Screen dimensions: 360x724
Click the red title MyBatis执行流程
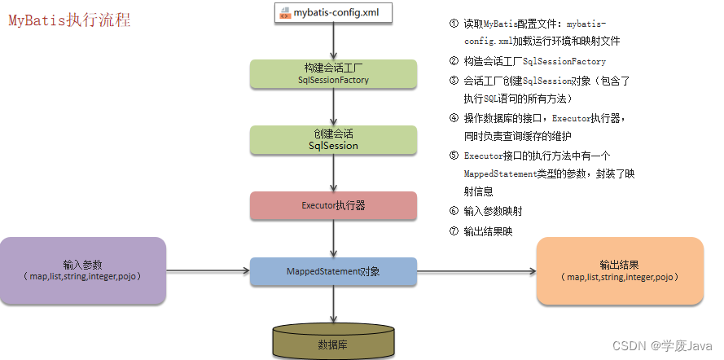point(69,21)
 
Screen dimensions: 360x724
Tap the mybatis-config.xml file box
point(332,12)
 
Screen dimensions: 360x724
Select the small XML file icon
point(285,13)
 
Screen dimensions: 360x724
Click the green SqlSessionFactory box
point(332,73)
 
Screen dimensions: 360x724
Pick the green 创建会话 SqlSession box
point(332,139)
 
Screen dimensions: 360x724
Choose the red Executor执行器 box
point(332,206)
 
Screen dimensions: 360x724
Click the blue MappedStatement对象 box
point(332,271)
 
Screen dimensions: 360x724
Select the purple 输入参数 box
point(83,270)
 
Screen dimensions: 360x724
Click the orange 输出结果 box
point(620,270)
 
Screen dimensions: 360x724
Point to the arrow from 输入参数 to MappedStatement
point(207,271)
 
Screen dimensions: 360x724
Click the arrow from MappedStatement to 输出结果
point(476,271)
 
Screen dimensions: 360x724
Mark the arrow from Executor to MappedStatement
point(332,239)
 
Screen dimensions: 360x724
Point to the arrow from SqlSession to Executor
point(332,173)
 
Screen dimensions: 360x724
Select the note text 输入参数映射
point(493,211)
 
